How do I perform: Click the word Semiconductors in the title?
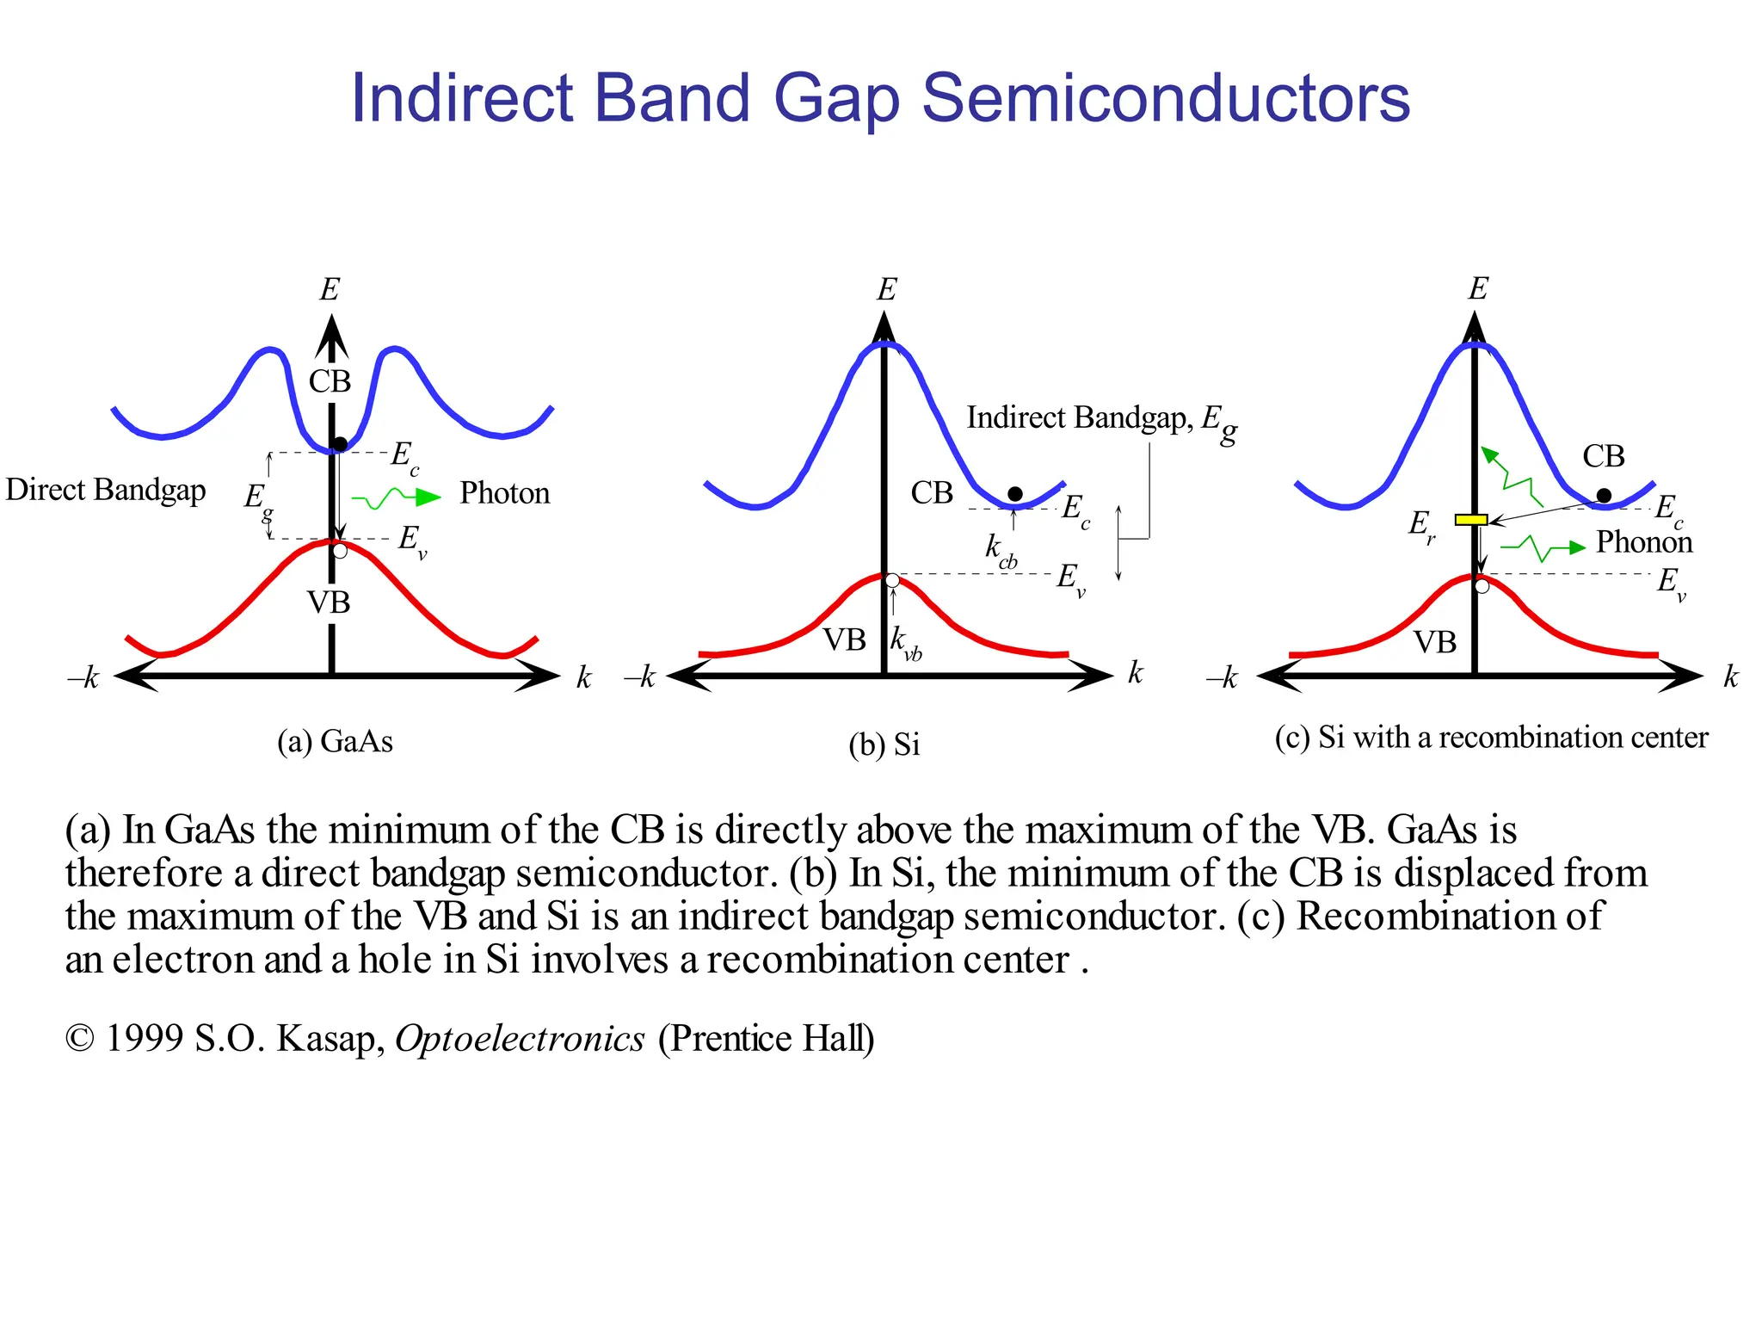pyautogui.click(x=1166, y=98)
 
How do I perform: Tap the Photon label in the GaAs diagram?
pyautogui.click(x=504, y=493)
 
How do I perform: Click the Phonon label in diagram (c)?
pyautogui.click(x=1643, y=542)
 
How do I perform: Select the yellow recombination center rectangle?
pyautogui.click(x=1471, y=520)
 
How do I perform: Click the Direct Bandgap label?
pyautogui.click(x=106, y=490)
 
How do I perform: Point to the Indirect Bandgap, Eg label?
pyautogui.click(x=1101, y=420)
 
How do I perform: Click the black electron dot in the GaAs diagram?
pyautogui.click(x=340, y=444)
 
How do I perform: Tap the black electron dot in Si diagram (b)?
pyautogui.click(x=1015, y=494)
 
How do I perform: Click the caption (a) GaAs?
pyautogui.click(x=335, y=741)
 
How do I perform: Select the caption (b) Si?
pyautogui.click(x=884, y=744)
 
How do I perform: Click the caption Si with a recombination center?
pyautogui.click(x=1512, y=738)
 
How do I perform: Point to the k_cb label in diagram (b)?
pyautogui.click(x=1000, y=550)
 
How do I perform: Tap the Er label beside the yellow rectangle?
pyautogui.click(x=1421, y=524)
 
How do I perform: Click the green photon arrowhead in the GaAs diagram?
pyautogui.click(x=427, y=497)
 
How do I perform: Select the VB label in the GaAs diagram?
pyautogui.click(x=329, y=602)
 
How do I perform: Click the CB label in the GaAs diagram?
pyautogui.click(x=330, y=381)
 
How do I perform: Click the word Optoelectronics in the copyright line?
pyautogui.click(x=520, y=1039)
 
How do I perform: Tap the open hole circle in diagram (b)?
pyautogui.click(x=893, y=581)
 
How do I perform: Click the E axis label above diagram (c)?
pyautogui.click(x=1477, y=288)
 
